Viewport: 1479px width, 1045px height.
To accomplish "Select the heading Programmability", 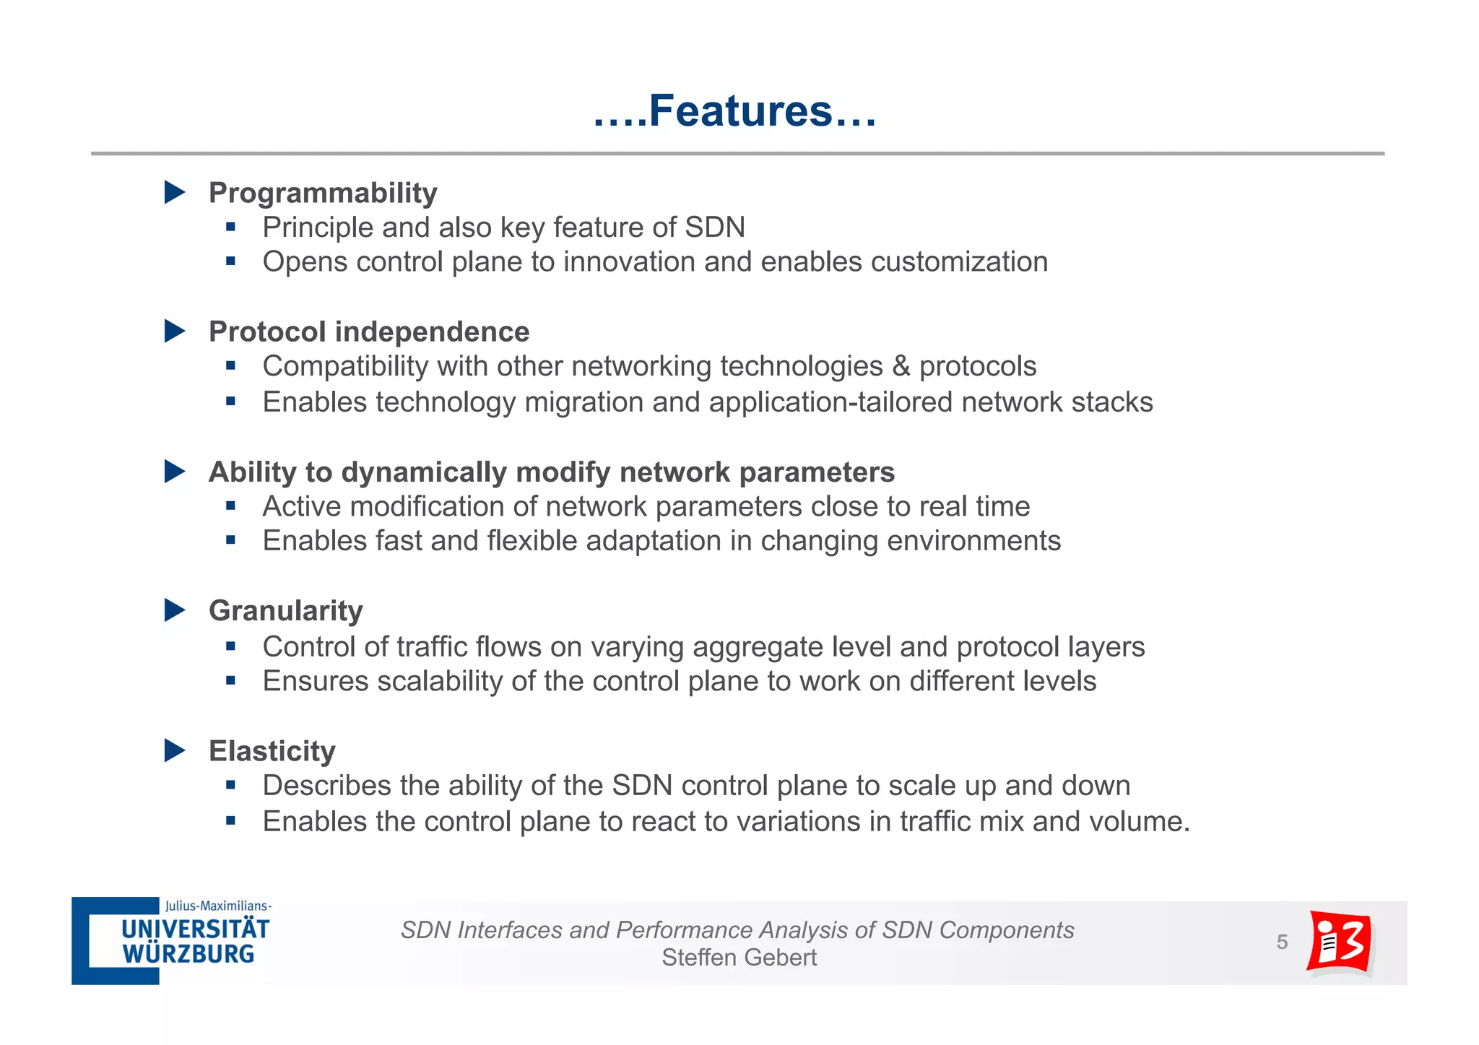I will click(x=323, y=193).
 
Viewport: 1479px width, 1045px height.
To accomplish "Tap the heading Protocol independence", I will click(x=369, y=331).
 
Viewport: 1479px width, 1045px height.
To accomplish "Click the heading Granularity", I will click(x=285, y=611).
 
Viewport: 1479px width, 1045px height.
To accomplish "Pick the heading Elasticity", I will click(x=272, y=751).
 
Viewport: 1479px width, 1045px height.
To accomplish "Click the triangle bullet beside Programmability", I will click(x=175, y=192).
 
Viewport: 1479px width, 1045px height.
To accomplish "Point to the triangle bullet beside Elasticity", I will click(x=175, y=750).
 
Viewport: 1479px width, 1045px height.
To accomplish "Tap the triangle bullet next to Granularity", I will click(x=175, y=610).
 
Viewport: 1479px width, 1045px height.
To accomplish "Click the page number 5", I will click(x=1282, y=942).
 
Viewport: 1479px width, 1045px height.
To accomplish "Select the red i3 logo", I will click(x=1340, y=942).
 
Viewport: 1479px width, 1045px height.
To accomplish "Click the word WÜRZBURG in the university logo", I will click(x=188, y=954).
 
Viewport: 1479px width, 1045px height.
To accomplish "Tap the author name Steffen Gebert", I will click(x=739, y=958).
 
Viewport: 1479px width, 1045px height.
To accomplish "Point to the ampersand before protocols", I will click(x=901, y=366).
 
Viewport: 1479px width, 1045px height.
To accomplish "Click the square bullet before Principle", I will click(x=231, y=227).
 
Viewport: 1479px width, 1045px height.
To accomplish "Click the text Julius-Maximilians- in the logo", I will click(x=218, y=906).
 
